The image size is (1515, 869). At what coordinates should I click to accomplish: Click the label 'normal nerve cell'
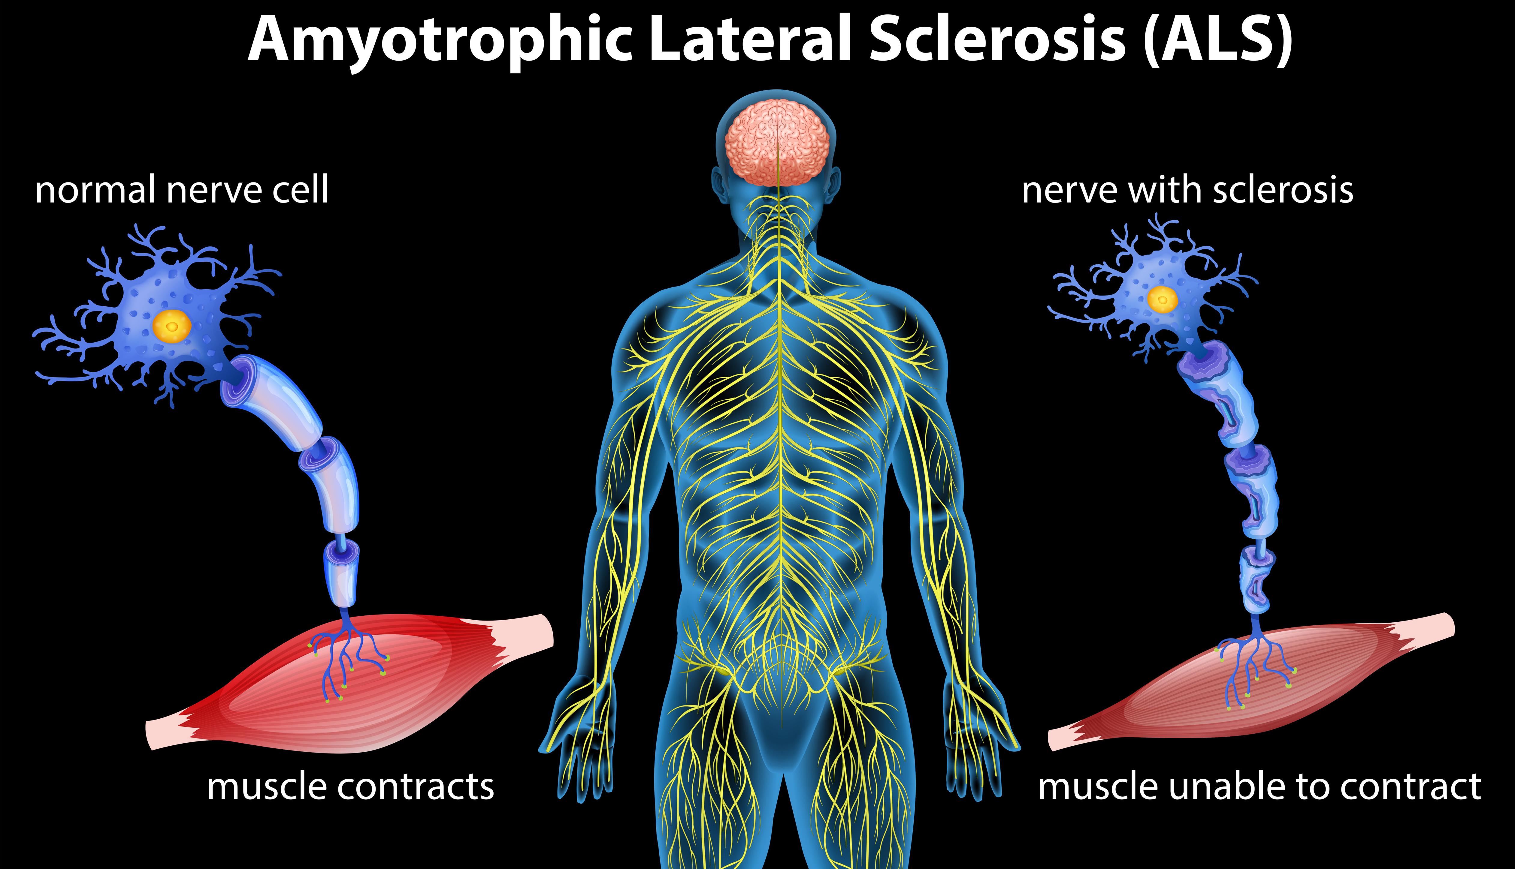click(x=182, y=190)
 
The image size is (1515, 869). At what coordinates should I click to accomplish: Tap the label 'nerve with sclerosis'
click(x=1187, y=190)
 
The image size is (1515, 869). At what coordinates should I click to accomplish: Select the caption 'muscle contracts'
click(x=351, y=787)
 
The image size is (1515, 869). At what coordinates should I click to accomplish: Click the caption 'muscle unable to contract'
click(x=1259, y=787)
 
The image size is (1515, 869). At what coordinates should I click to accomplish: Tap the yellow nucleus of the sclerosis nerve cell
click(x=1163, y=299)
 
